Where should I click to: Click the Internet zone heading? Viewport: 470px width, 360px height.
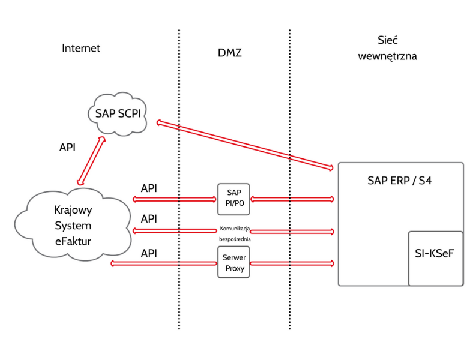point(81,48)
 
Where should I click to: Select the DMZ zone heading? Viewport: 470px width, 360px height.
point(229,53)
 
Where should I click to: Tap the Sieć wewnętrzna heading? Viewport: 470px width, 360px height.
point(387,49)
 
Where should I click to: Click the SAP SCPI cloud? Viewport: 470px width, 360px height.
point(118,112)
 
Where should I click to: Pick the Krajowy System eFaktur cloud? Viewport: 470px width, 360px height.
point(73,226)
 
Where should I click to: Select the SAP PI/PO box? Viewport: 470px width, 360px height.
point(233,199)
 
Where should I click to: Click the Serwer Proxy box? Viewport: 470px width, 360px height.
point(233,262)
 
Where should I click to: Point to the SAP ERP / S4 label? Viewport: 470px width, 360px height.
point(399,179)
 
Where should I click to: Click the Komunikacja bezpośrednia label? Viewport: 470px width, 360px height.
point(235,234)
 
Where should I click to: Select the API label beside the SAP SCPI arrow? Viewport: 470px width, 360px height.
point(67,147)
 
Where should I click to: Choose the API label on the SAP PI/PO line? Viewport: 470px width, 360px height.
point(149,188)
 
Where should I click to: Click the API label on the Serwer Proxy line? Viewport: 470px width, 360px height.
point(149,253)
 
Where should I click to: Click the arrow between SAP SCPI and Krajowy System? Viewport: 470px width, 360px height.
point(91,161)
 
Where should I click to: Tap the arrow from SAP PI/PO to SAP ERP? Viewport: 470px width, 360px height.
point(292,199)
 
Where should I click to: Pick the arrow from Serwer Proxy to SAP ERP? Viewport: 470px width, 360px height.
point(292,263)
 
